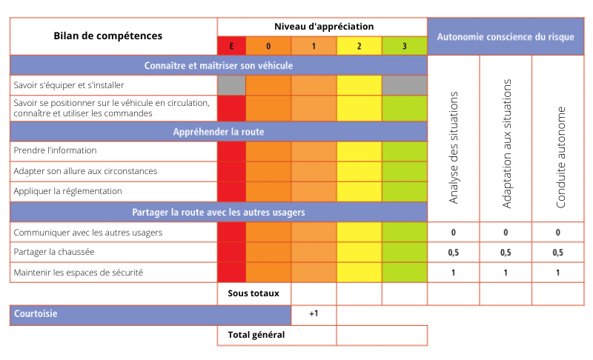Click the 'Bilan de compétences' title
(x=108, y=36)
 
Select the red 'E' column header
(x=231, y=46)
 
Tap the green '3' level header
(x=404, y=46)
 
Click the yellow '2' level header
(x=359, y=46)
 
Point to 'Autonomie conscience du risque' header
(x=506, y=36)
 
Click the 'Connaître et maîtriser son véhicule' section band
(x=219, y=65)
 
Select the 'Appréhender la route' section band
(x=219, y=132)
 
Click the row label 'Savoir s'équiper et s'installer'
(x=69, y=85)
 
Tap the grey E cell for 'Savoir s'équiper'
(x=231, y=85)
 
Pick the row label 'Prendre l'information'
(x=56, y=150)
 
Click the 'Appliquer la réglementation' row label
(x=67, y=191)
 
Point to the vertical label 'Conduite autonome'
(x=560, y=158)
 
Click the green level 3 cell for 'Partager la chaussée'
(x=404, y=253)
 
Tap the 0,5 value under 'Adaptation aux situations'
(x=506, y=253)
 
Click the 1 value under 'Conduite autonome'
(x=557, y=273)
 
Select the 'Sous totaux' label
(x=254, y=293)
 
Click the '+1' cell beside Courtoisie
(x=314, y=314)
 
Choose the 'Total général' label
(x=256, y=335)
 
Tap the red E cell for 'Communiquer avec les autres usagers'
(x=231, y=232)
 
